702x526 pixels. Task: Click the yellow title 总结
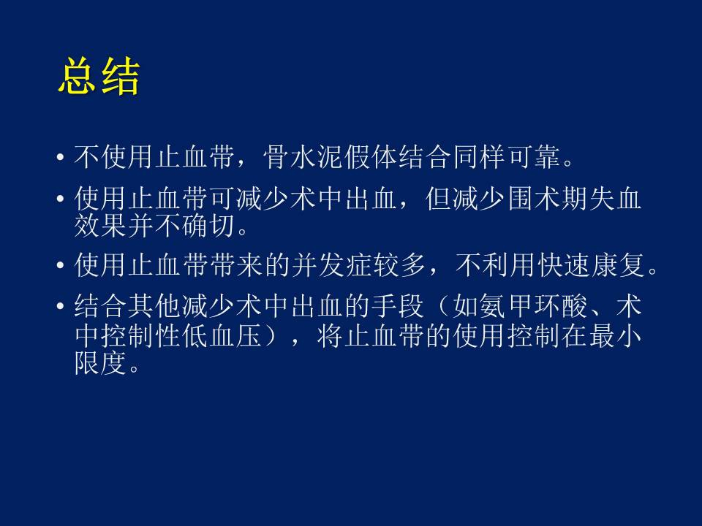click(99, 76)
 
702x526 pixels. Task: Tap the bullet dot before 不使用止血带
click(60, 158)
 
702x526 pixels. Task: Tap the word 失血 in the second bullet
click(615, 198)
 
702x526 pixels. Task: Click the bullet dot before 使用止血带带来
click(60, 265)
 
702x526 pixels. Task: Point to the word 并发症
click(332, 264)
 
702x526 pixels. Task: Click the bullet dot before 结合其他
click(60, 306)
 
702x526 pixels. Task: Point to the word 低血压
click(222, 335)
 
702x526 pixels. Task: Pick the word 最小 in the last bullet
click(615, 335)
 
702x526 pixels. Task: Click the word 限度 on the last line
click(101, 363)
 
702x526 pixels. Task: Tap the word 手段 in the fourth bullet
click(397, 306)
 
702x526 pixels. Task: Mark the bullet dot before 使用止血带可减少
click(60, 199)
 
